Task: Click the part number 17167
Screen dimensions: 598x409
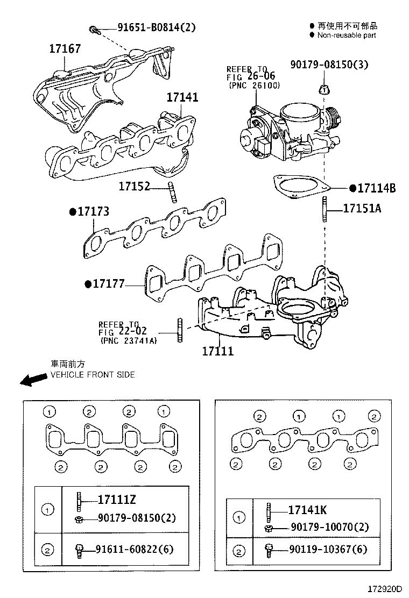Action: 65,49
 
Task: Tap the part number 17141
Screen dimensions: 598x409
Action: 182,97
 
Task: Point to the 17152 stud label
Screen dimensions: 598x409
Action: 134,187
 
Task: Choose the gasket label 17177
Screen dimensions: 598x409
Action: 108,283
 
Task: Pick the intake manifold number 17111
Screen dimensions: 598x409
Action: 218,351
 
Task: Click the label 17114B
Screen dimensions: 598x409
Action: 377,188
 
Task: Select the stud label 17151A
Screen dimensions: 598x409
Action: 362,209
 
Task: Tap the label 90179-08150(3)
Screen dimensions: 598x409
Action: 329,65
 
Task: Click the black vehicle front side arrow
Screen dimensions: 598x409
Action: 33,380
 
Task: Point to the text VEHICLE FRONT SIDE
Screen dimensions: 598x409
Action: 93,374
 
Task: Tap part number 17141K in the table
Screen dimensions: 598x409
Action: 307,510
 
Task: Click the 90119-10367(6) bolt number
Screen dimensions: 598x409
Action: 328,550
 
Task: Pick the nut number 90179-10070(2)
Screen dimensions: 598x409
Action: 329,528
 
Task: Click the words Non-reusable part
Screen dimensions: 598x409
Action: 347,35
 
